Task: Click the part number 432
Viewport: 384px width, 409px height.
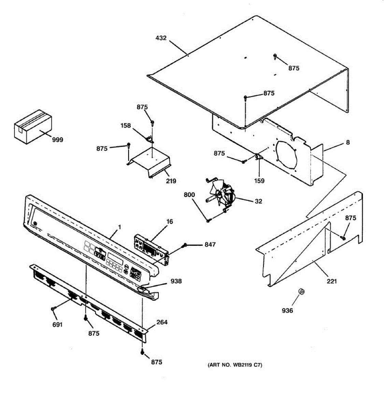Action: pyautogui.click(x=161, y=38)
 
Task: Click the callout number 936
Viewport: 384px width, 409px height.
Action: pyautogui.click(x=287, y=310)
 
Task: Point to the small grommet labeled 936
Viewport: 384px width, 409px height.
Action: pyautogui.click(x=301, y=291)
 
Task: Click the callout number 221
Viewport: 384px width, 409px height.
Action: pyautogui.click(x=332, y=281)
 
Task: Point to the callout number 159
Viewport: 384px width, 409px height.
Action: pyautogui.click(x=259, y=181)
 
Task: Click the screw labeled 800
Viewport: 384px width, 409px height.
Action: pyautogui.click(x=208, y=221)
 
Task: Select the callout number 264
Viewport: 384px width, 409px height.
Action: pyautogui.click(x=162, y=322)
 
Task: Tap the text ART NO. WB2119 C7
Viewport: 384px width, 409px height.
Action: pyautogui.click(x=235, y=365)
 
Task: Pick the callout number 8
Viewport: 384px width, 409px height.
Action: pyautogui.click(x=348, y=142)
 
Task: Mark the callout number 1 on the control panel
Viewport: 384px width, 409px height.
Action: pyautogui.click(x=119, y=227)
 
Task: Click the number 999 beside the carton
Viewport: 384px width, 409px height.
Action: pyautogui.click(x=57, y=140)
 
